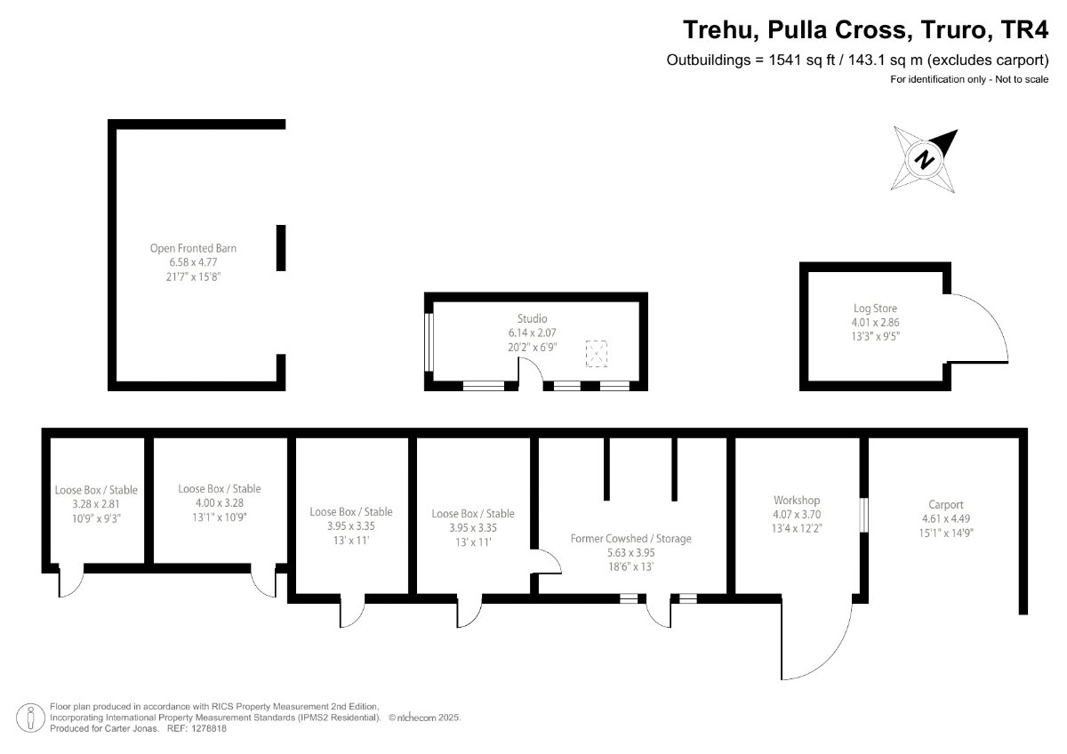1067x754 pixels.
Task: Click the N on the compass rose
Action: (x=925, y=159)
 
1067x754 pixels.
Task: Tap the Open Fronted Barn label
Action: (x=194, y=248)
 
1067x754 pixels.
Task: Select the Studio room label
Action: (x=532, y=318)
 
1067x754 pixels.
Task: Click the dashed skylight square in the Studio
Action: (x=597, y=354)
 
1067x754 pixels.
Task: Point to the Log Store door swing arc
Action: (x=995, y=317)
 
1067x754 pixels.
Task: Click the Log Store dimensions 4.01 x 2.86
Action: (x=876, y=323)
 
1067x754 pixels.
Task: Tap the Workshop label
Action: (x=797, y=500)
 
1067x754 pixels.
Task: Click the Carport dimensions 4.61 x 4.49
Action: (x=946, y=518)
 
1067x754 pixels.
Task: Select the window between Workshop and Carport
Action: (x=863, y=515)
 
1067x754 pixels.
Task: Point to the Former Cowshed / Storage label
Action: (x=631, y=539)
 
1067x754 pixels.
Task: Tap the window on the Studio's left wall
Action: (x=429, y=341)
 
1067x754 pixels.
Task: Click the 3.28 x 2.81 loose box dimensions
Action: (x=96, y=504)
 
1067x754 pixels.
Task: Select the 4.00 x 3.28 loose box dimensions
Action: (x=220, y=503)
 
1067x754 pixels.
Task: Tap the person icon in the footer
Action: (x=31, y=718)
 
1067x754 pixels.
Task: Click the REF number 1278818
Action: (x=209, y=729)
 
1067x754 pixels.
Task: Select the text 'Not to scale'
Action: (x=1022, y=79)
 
